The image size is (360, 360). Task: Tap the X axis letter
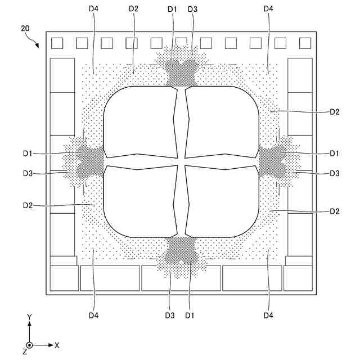(x=57, y=344)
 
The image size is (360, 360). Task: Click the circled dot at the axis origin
(x=30, y=344)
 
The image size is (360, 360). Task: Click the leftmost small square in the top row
(x=57, y=43)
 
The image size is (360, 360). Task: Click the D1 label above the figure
(x=172, y=9)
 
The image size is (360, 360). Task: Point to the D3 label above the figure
(x=193, y=9)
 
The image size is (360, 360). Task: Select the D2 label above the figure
(x=133, y=9)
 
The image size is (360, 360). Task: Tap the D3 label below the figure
(x=170, y=315)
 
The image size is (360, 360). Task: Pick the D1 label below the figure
(x=190, y=315)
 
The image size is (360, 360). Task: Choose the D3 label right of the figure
(x=335, y=173)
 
